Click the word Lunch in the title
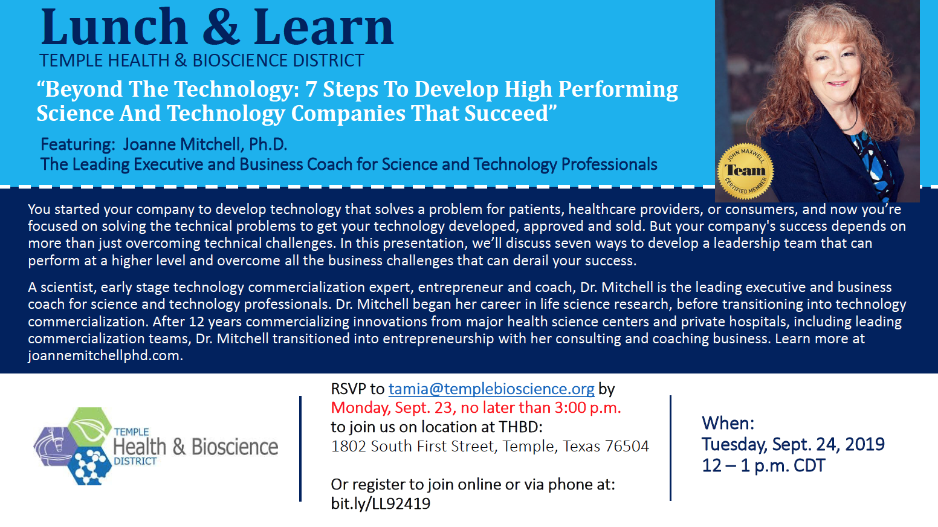click(x=114, y=28)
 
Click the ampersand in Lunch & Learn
click(x=221, y=28)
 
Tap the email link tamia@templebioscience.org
click(x=491, y=389)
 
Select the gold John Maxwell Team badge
click(x=745, y=172)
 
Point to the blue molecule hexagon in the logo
click(x=89, y=466)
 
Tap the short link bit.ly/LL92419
click(x=381, y=503)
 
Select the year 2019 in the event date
click(x=864, y=444)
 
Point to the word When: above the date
click(x=728, y=423)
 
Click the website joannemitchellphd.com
click(x=105, y=355)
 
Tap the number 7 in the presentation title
click(x=311, y=89)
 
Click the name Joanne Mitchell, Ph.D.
click(x=205, y=144)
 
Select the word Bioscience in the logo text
click(x=234, y=447)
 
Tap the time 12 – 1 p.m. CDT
click(x=763, y=465)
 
